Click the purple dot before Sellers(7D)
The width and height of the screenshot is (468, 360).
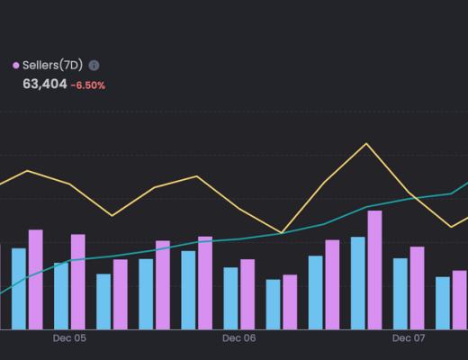pos(16,65)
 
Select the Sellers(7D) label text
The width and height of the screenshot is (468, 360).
pos(52,65)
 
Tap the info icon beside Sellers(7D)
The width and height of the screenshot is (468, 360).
pos(94,65)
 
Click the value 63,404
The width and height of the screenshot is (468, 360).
pos(43,85)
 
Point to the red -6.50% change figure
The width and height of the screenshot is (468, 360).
pos(88,85)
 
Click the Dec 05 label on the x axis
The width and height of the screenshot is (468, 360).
pos(69,339)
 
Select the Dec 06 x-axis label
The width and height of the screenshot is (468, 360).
pos(238,339)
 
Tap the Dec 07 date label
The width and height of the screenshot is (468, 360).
pos(408,339)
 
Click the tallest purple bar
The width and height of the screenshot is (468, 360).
pos(374,270)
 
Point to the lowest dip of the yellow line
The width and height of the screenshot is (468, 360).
pos(282,233)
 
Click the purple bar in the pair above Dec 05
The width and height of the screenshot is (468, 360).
pos(78,282)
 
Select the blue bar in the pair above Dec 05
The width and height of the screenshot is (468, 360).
pos(61,296)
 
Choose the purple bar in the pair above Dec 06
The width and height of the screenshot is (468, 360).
pos(247,294)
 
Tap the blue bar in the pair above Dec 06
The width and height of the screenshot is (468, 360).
pos(230,298)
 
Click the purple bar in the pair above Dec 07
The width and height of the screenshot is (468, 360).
pos(417,288)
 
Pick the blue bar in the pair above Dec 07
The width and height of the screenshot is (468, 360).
pos(400,293)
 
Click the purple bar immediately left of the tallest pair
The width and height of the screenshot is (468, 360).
pos(332,284)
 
